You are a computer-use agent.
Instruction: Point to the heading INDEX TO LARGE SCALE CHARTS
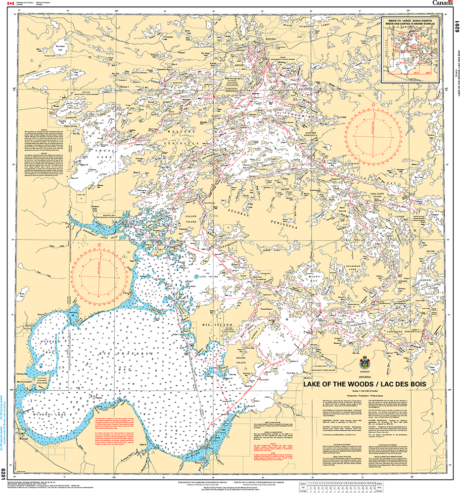[x=412, y=21]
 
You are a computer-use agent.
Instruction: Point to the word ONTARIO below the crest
[x=364, y=377]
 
